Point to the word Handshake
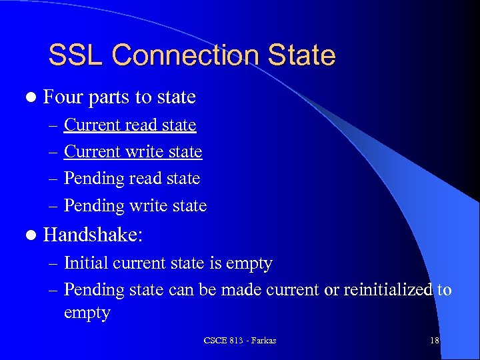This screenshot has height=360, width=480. tap(97, 235)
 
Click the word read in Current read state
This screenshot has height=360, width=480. tap(141, 125)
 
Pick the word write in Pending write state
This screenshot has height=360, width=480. tap(147, 205)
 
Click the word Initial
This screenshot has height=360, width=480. tap(85, 263)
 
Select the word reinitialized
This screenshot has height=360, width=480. tap(387, 290)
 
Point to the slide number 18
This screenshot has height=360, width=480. tap(435, 341)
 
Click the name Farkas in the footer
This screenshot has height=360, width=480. tap(262, 341)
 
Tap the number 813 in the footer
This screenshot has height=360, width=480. tap(235, 341)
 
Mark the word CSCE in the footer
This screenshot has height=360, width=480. tap(215, 341)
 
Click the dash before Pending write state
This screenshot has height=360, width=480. tap(53, 206)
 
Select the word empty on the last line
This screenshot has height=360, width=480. tap(87, 313)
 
